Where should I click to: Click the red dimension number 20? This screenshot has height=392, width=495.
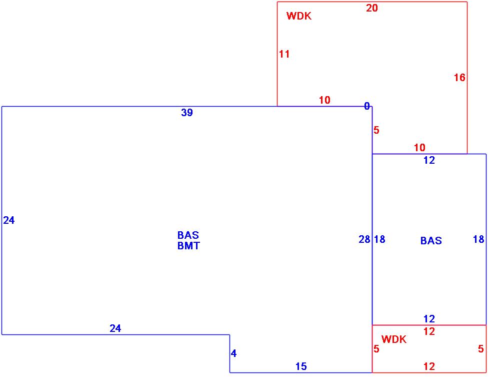[372, 8]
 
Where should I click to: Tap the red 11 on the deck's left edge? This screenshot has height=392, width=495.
[284, 54]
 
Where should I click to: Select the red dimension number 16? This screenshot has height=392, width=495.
[459, 78]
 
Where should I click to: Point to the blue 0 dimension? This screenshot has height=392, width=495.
[367, 106]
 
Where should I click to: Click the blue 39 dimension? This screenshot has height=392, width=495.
[187, 113]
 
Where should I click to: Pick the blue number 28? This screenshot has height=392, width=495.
[364, 240]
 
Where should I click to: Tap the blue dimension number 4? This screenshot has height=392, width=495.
[233, 354]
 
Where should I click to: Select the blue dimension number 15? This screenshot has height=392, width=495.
[301, 367]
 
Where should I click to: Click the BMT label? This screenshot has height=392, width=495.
[188, 246]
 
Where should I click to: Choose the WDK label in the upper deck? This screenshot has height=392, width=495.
[299, 16]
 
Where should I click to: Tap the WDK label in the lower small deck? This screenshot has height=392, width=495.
[394, 340]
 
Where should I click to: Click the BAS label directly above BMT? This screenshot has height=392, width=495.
[188, 235]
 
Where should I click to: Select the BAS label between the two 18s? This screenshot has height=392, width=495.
[431, 241]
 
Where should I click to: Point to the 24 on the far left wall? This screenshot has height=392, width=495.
[9, 220]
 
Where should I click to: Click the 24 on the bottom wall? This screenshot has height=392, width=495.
[115, 329]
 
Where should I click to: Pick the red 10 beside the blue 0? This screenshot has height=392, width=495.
[324, 100]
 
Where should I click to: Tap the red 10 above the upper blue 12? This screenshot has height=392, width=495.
[419, 148]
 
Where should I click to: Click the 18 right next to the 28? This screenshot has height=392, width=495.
[379, 240]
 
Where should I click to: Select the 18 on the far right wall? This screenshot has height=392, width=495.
[478, 240]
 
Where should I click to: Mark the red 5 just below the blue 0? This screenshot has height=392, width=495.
[376, 131]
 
